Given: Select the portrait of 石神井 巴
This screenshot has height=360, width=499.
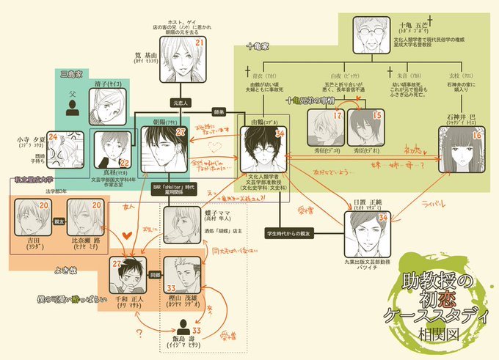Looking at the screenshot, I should click(462, 150).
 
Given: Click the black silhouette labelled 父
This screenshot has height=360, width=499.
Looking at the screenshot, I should click(73, 109).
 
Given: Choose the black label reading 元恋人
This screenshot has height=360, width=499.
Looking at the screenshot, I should click(181, 103).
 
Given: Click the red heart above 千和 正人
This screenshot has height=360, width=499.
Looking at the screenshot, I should click(126, 236).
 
